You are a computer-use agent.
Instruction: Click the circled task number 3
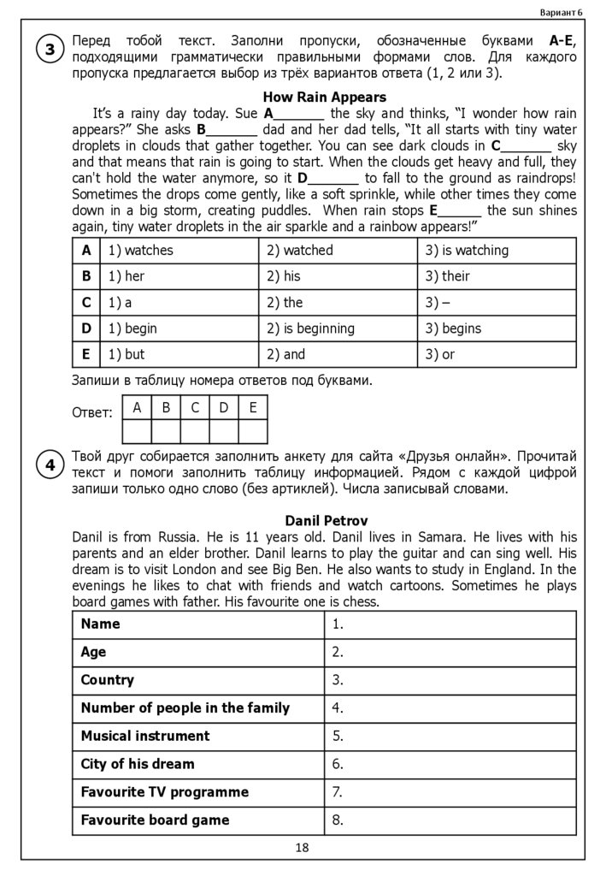pyautogui.click(x=50, y=50)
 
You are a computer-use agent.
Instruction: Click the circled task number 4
pyautogui.click(x=50, y=465)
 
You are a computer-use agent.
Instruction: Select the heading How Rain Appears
pyautogui.click(x=324, y=98)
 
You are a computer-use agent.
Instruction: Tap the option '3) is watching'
pyautogui.click(x=467, y=251)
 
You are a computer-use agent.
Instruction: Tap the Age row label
pyautogui.click(x=93, y=652)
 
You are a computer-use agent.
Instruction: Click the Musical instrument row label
pyautogui.click(x=145, y=736)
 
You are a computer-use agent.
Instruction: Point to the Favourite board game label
pyautogui.click(x=155, y=820)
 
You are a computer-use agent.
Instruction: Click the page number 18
pyautogui.click(x=302, y=848)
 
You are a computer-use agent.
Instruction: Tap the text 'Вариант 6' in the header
pyautogui.click(x=562, y=12)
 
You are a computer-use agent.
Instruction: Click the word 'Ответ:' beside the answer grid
pyautogui.click(x=92, y=413)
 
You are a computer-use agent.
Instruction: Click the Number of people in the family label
pyautogui.click(x=185, y=707)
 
